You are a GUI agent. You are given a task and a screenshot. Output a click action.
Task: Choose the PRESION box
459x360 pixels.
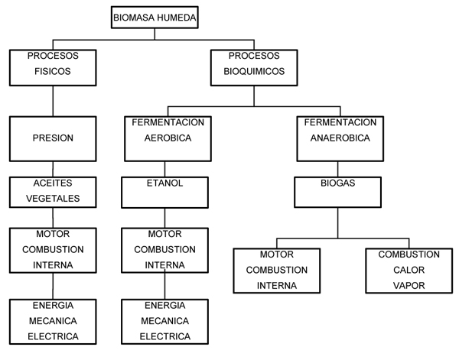(x=52, y=139)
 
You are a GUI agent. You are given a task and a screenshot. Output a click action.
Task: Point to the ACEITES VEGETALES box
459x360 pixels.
(x=52, y=192)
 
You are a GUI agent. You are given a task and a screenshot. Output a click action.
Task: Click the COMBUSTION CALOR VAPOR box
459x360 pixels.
(x=403, y=270)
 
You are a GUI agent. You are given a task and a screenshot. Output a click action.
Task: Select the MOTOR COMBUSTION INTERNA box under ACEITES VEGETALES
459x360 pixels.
(x=52, y=249)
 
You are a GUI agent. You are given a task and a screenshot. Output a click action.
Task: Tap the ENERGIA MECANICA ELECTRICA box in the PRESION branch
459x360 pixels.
(x=52, y=321)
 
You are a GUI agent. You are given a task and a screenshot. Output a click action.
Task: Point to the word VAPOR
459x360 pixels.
(x=402, y=285)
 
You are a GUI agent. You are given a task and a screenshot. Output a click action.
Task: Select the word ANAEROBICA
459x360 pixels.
(x=340, y=138)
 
